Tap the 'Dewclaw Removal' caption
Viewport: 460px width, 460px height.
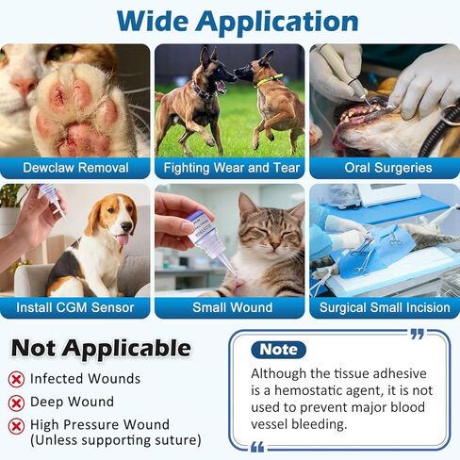pos(74,168)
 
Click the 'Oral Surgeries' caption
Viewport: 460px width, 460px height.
pos(386,168)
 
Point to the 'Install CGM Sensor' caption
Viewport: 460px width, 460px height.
pos(74,307)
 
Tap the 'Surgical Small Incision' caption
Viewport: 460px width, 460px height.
pos(385,307)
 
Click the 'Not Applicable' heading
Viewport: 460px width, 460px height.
pos(100,348)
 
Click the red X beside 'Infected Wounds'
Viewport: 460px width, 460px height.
pos(17,379)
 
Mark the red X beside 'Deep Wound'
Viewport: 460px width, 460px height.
pos(17,402)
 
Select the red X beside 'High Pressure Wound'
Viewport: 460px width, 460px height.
pos(17,425)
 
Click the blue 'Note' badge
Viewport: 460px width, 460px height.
pos(278,350)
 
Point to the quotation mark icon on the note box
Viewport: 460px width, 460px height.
pos(418,334)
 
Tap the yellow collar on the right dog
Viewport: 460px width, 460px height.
pos(271,80)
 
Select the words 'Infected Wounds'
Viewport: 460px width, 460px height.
pos(85,379)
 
